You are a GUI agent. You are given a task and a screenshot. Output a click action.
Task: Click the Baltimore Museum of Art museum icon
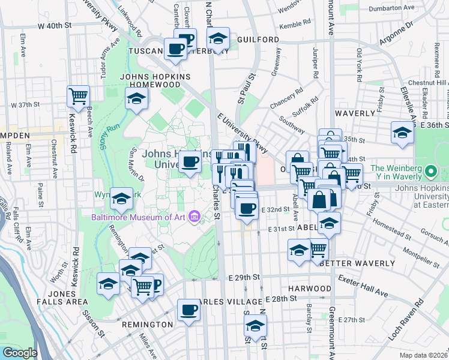pyautogui.click(x=194, y=216)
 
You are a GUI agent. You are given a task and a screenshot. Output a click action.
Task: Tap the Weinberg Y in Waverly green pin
pyautogui.click(x=430, y=173)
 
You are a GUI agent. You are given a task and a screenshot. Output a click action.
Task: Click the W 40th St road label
pyautogui.click(x=54, y=26)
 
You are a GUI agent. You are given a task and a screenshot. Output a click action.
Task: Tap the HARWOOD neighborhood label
pyautogui.click(x=309, y=289)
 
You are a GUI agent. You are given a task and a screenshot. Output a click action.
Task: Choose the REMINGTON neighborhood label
pyautogui.click(x=147, y=324)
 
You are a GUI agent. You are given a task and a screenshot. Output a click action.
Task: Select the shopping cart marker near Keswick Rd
pyautogui.click(x=78, y=95)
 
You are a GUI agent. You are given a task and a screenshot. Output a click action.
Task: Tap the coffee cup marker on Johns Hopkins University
pyautogui.click(x=190, y=162)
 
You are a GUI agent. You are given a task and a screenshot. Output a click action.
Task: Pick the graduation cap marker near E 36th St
pyautogui.click(x=402, y=133)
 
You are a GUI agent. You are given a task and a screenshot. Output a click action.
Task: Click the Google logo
pyautogui.click(x=20, y=353)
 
